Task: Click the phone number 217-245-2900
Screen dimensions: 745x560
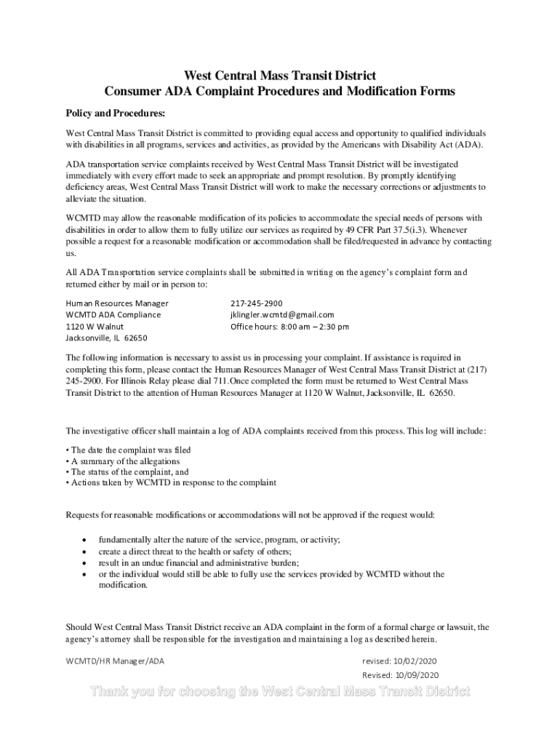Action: point(256,303)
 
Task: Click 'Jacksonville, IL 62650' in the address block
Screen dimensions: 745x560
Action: point(106,338)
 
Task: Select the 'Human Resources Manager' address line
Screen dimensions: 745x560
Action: point(117,303)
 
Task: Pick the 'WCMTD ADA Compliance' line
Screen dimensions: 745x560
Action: point(113,314)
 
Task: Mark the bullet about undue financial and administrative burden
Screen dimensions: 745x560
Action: point(199,562)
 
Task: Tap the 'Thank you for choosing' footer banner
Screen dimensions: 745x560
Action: point(280,691)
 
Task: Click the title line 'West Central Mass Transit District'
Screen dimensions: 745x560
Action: point(280,76)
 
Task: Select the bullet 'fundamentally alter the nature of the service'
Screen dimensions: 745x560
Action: point(220,539)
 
